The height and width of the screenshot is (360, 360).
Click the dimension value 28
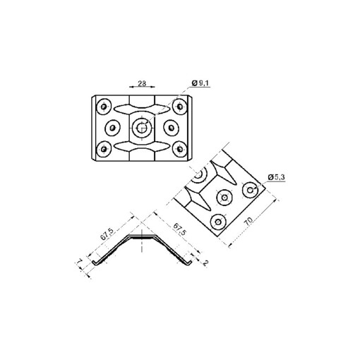[x=143, y=83]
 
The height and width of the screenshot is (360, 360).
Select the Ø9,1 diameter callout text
[x=202, y=84]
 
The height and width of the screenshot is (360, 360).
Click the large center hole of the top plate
[x=141, y=128]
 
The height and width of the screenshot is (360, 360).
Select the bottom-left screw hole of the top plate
[x=104, y=148]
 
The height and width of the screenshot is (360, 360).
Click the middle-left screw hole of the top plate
[x=112, y=128]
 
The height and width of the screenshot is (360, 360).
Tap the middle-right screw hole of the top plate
[x=170, y=128]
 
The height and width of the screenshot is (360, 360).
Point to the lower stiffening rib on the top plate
[x=141, y=147]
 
